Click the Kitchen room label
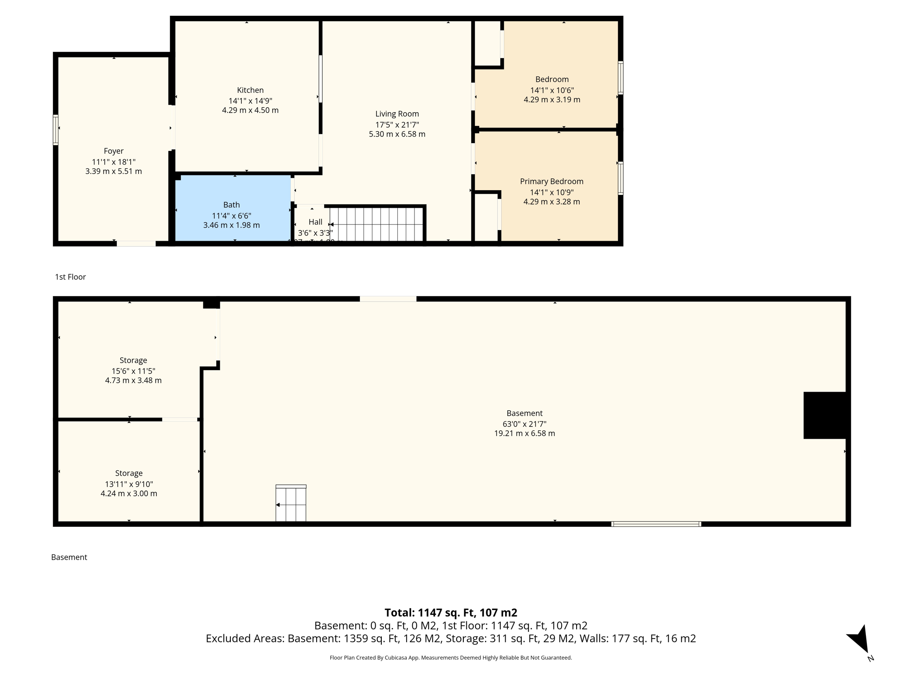250,90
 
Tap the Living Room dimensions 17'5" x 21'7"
397,125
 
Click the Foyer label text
114,151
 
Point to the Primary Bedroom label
551,181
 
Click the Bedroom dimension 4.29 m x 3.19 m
551,100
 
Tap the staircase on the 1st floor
377,224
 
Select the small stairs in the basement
291,504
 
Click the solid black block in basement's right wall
824,415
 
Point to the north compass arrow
859,639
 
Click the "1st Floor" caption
70,277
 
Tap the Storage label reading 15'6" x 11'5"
133,371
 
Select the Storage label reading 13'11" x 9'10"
129,484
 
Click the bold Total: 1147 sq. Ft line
451,613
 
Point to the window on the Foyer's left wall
55,130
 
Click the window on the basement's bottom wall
656,524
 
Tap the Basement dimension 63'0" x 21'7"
524,424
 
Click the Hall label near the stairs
315,222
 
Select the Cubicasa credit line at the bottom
451,658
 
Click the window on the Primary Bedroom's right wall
621,178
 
